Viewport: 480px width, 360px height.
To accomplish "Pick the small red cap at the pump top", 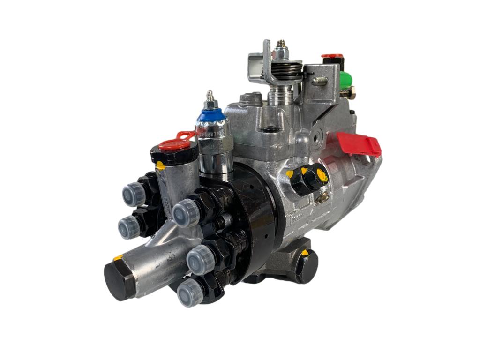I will [x=332, y=57].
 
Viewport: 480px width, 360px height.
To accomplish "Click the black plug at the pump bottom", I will [x=306, y=266].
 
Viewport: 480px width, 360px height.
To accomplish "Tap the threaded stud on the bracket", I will [x=320, y=81].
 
